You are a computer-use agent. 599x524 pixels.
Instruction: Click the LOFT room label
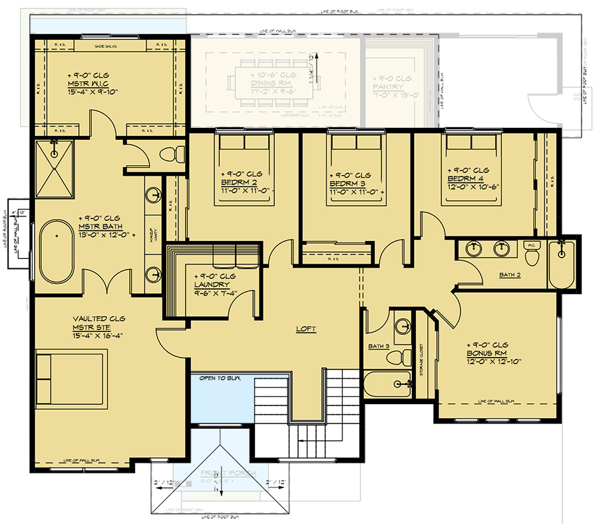click(306, 329)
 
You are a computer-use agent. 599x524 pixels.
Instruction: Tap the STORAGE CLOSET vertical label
click(421, 360)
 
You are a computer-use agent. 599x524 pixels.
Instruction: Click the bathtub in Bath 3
click(389, 384)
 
